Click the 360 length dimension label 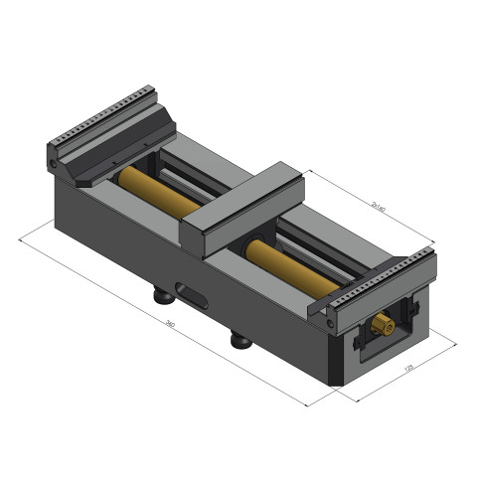[170, 325]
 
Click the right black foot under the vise [240, 341]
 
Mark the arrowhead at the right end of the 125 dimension [454, 344]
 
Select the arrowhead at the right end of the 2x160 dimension [434, 245]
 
